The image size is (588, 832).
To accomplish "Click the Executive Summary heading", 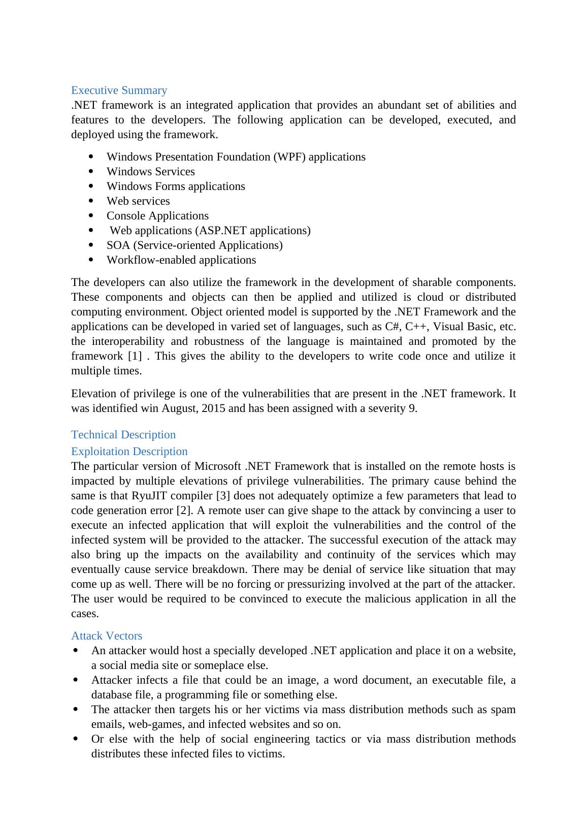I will point(119,90).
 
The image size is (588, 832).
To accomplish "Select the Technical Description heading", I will point(123,435).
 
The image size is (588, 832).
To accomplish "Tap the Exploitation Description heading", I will point(129,452).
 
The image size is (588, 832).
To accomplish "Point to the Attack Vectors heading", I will point(107,636).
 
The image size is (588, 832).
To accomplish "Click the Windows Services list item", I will point(150,172).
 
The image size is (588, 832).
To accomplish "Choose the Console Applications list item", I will point(157,216).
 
